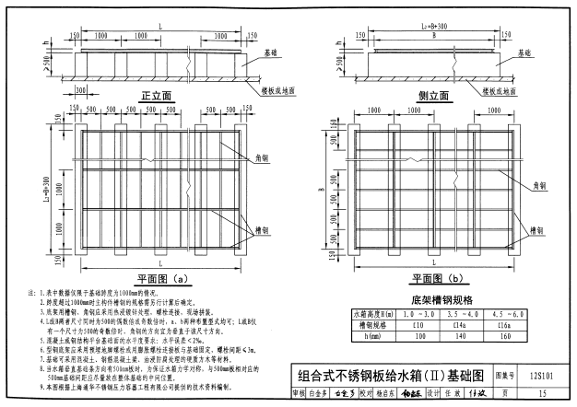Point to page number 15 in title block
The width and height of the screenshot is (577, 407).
pyautogui.click(x=536, y=392)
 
